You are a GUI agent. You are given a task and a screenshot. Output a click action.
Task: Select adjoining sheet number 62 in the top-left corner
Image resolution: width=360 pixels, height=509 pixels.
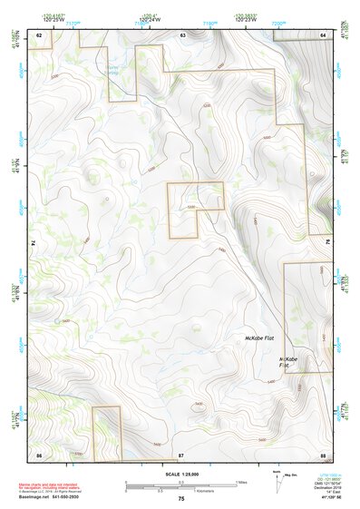coord(39,34)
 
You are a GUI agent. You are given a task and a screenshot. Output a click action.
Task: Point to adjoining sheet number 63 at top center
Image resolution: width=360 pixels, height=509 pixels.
coord(182,34)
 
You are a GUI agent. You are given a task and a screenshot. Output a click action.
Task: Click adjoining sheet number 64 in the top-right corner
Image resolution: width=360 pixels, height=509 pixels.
coord(323,34)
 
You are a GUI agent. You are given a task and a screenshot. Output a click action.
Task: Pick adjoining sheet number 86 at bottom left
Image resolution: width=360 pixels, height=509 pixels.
coord(39,453)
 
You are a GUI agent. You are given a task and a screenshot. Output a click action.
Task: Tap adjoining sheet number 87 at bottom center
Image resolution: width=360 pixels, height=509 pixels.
coord(181,453)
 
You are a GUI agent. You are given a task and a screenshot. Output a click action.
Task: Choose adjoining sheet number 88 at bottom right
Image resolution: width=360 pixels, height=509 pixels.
coord(323,453)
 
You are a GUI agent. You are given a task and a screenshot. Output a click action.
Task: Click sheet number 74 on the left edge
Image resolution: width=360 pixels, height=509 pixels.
coord(36,243)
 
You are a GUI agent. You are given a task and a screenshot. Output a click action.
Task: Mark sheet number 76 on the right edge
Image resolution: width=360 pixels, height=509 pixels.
coord(328,243)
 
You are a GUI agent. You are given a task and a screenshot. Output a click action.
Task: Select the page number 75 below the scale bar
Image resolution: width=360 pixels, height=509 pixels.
coord(181,499)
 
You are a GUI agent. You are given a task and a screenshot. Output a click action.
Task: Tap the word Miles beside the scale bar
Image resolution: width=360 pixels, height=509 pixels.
coord(242,482)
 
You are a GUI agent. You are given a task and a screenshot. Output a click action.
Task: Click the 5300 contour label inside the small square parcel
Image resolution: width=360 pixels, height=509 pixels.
coord(191,208)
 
